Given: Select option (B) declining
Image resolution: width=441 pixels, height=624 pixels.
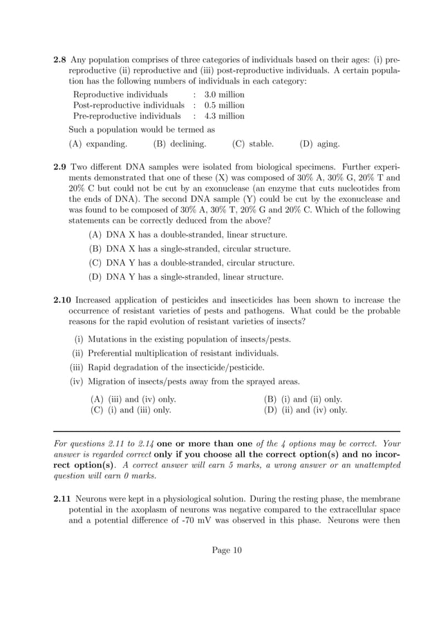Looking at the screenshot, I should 180,144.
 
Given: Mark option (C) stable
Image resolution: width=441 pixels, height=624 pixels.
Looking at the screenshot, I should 253,144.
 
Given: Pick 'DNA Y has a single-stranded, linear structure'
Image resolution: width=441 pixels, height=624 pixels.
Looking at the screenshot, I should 187,277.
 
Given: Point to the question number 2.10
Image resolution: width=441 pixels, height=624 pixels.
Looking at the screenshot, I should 63,300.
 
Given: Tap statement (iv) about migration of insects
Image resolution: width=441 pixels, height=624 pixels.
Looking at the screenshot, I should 185,381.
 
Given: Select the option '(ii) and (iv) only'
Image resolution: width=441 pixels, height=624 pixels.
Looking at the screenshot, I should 306,410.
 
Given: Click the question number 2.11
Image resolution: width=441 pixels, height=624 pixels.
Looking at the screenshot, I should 63,498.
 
